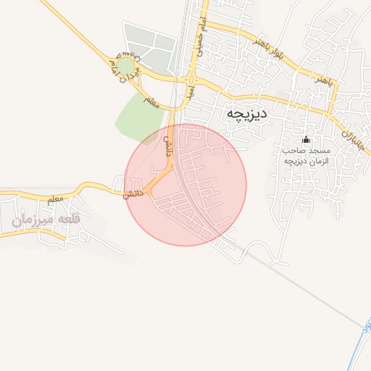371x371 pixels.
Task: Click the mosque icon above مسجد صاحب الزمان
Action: click(x=306, y=139)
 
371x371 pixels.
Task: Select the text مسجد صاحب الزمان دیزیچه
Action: click(x=306, y=155)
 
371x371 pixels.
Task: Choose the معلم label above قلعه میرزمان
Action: click(x=55, y=198)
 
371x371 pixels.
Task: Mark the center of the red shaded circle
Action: click(x=185, y=184)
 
